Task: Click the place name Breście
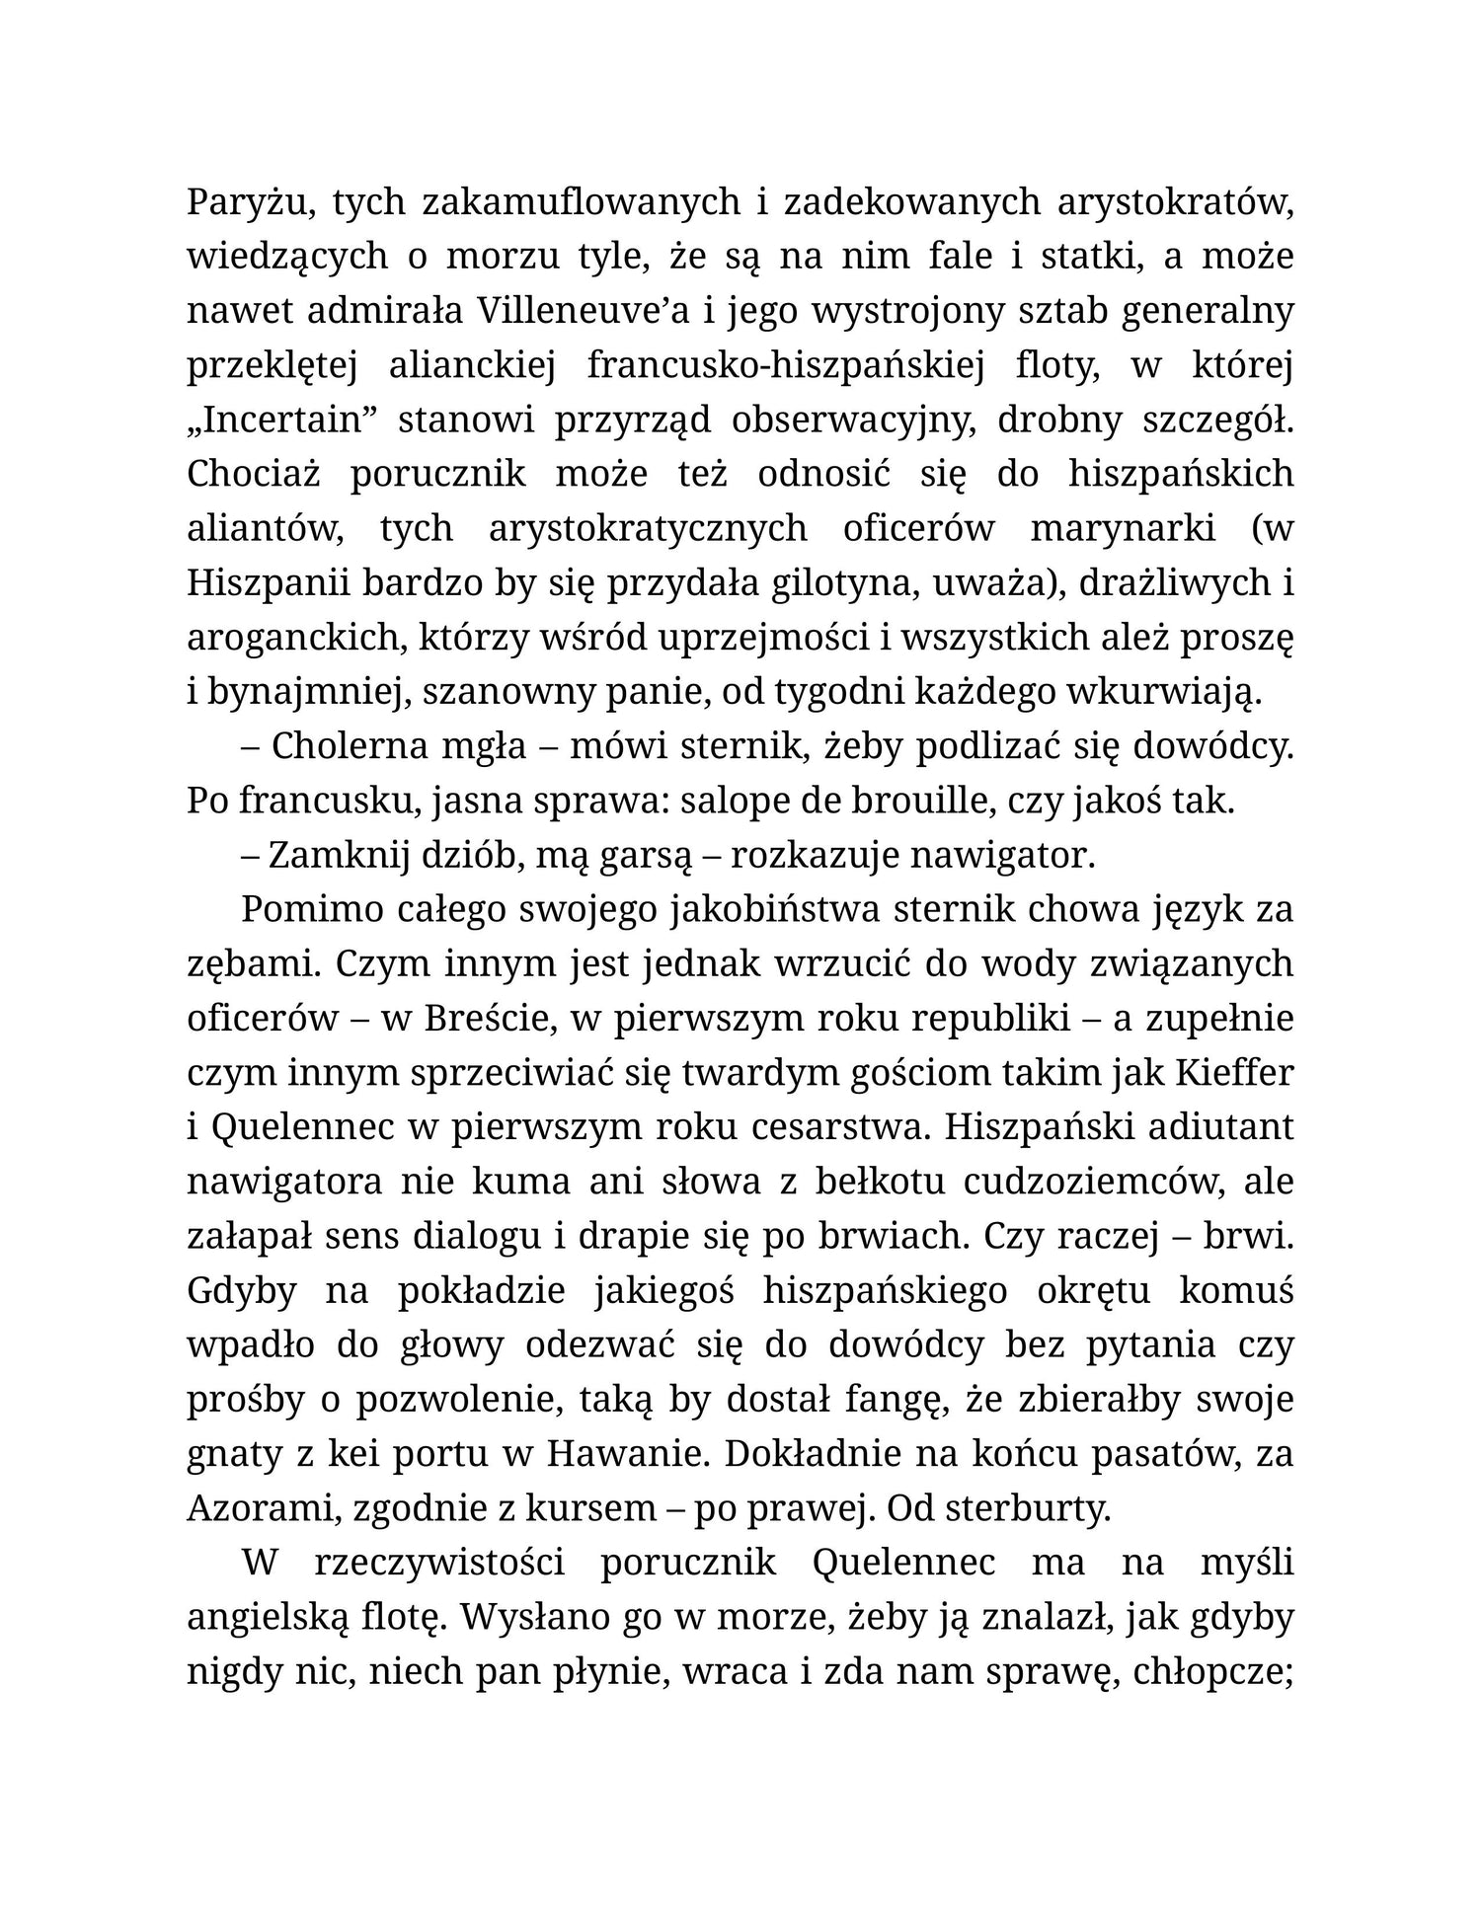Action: (x=482, y=1019)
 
